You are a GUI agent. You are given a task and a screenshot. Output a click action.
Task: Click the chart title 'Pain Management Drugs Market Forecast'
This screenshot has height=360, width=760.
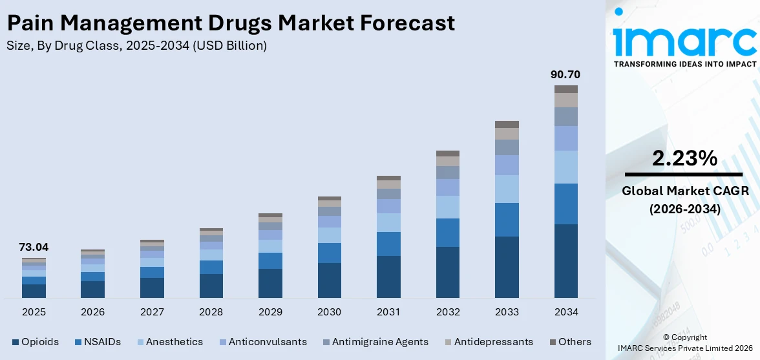click(231, 23)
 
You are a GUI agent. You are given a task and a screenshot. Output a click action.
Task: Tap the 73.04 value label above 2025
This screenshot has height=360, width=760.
click(34, 247)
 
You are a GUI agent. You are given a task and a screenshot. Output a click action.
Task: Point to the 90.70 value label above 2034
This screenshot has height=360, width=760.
click(565, 74)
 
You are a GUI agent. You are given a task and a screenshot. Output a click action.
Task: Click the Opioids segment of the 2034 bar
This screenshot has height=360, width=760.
click(565, 260)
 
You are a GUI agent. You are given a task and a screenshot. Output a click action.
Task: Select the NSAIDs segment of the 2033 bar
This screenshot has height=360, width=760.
click(507, 220)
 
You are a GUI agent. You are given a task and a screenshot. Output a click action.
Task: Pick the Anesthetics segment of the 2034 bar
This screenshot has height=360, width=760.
click(565, 167)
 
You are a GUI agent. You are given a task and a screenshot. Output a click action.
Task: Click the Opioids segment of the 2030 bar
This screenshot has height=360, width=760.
click(329, 280)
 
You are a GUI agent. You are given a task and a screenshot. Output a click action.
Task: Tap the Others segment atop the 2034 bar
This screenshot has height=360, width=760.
click(565, 89)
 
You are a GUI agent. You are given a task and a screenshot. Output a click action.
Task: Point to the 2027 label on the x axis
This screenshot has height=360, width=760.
click(152, 312)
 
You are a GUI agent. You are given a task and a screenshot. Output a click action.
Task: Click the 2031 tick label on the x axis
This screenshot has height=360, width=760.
click(388, 312)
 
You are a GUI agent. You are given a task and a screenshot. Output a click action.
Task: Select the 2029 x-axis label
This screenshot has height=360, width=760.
click(270, 312)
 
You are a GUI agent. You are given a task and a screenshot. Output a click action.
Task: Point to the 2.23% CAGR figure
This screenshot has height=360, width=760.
click(684, 158)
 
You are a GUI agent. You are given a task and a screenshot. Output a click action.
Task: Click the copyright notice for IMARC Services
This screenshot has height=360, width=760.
click(684, 343)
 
